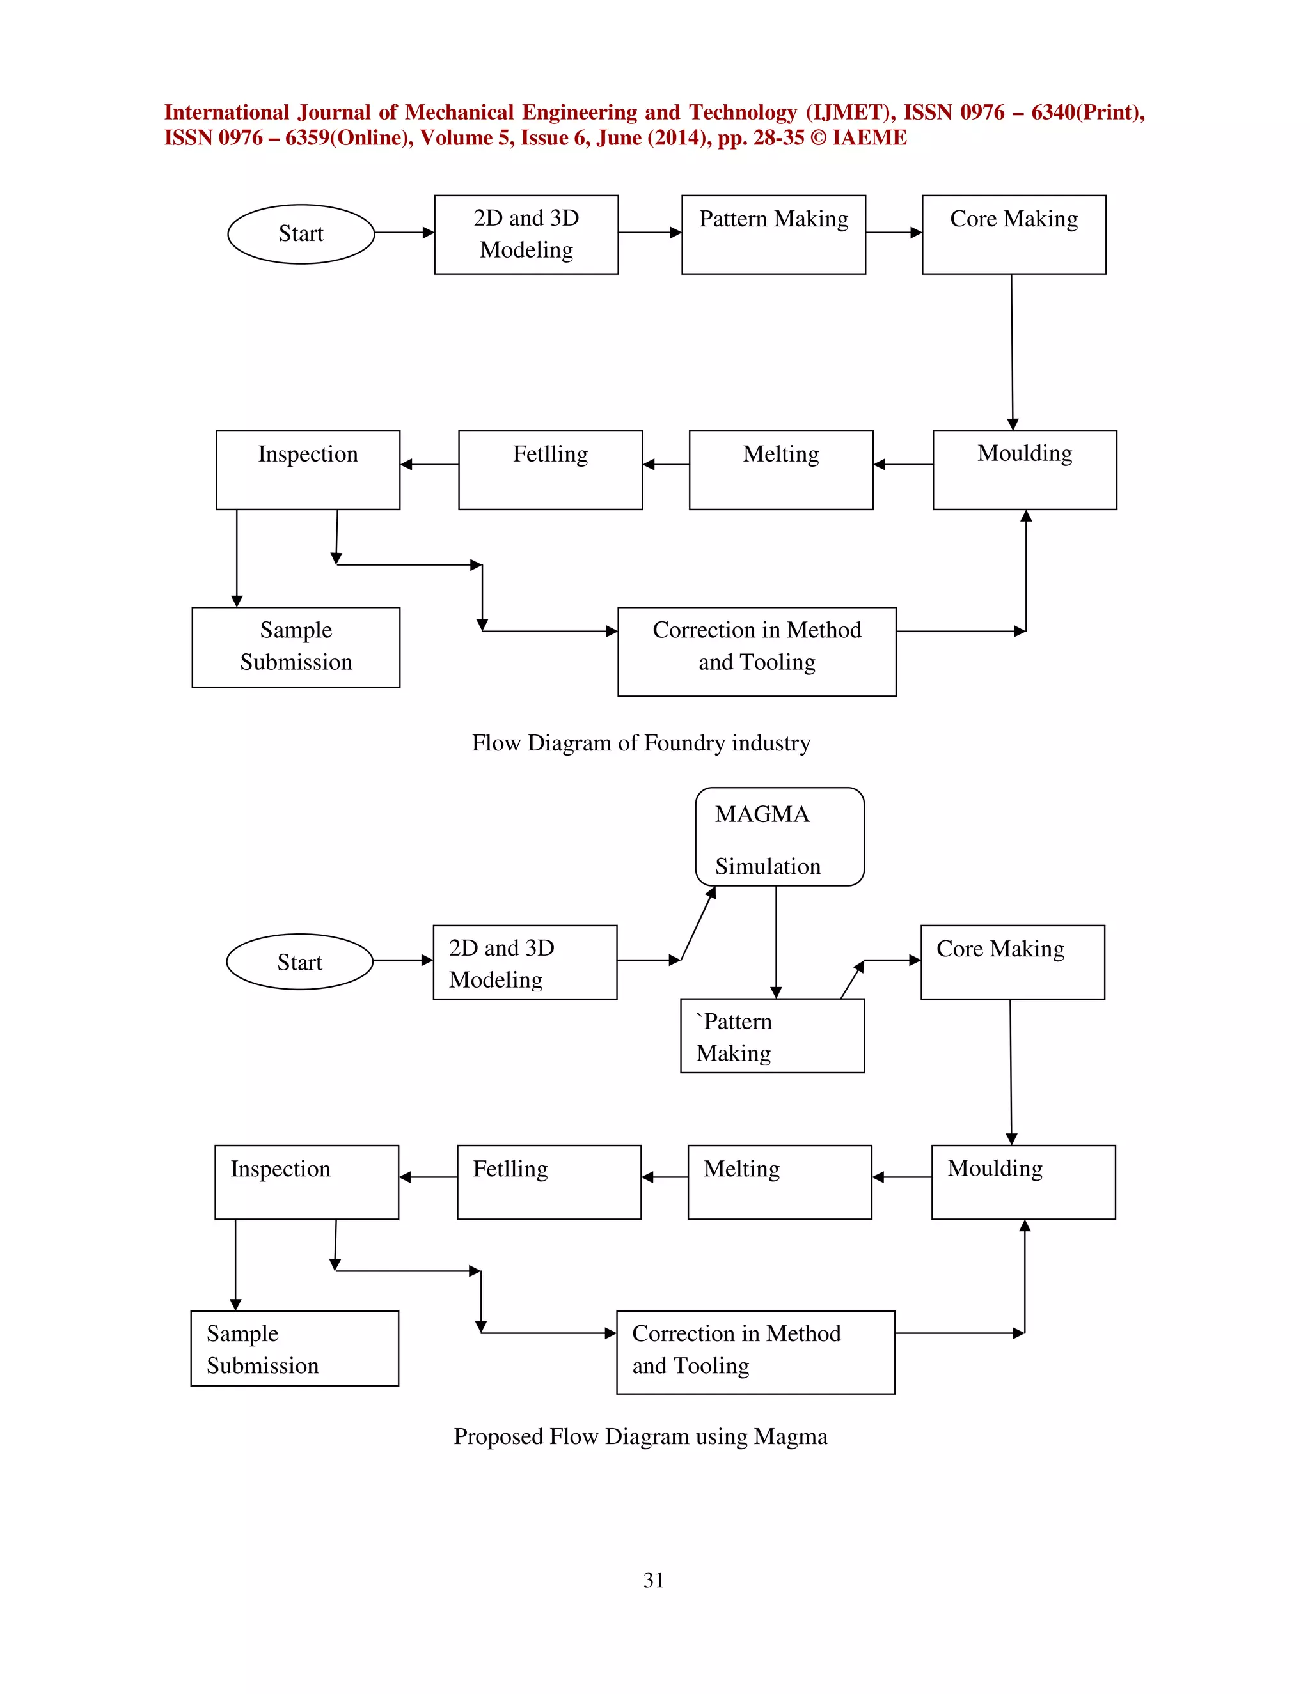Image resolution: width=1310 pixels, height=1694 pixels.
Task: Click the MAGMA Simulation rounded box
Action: (x=779, y=837)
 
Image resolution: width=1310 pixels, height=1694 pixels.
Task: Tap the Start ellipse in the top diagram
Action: (x=301, y=233)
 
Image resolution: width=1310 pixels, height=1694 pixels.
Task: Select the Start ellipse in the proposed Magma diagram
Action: (x=299, y=962)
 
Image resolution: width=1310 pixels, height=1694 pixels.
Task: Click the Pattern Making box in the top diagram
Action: (x=773, y=234)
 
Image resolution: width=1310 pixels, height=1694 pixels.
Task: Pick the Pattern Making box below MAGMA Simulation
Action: (x=771, y=1036)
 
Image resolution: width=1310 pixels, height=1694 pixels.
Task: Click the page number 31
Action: (x=654, y=1580)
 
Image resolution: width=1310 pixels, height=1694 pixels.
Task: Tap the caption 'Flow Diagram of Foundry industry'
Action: (x=641, y=743)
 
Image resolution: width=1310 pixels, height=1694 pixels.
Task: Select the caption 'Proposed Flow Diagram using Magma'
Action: (x=640, y=1436)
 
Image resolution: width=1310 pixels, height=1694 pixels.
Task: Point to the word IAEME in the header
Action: (x=869, y=138)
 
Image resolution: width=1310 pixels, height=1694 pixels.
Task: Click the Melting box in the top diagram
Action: (x=781, y=470)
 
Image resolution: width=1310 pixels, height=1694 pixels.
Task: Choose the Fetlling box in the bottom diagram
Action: (x=549, y=1182)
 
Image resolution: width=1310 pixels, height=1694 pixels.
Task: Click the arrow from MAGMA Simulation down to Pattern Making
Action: (x=776, y=942)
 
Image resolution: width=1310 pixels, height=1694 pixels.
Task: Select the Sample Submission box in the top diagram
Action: (x=296, y=647)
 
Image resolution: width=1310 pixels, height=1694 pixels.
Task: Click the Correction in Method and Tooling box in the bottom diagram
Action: (x=755, y=1352)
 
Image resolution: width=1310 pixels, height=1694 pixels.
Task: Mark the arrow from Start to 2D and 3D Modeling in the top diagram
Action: (x=404, y=233)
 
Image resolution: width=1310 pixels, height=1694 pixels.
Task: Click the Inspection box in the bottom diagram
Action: (x=306, y=1182)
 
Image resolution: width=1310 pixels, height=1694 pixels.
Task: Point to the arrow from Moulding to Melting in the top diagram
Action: (x=903, y=465)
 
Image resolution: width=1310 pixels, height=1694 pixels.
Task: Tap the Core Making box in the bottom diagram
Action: (x=1012, y=962)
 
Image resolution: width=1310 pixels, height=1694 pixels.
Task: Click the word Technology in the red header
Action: (x=743, y=113)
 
